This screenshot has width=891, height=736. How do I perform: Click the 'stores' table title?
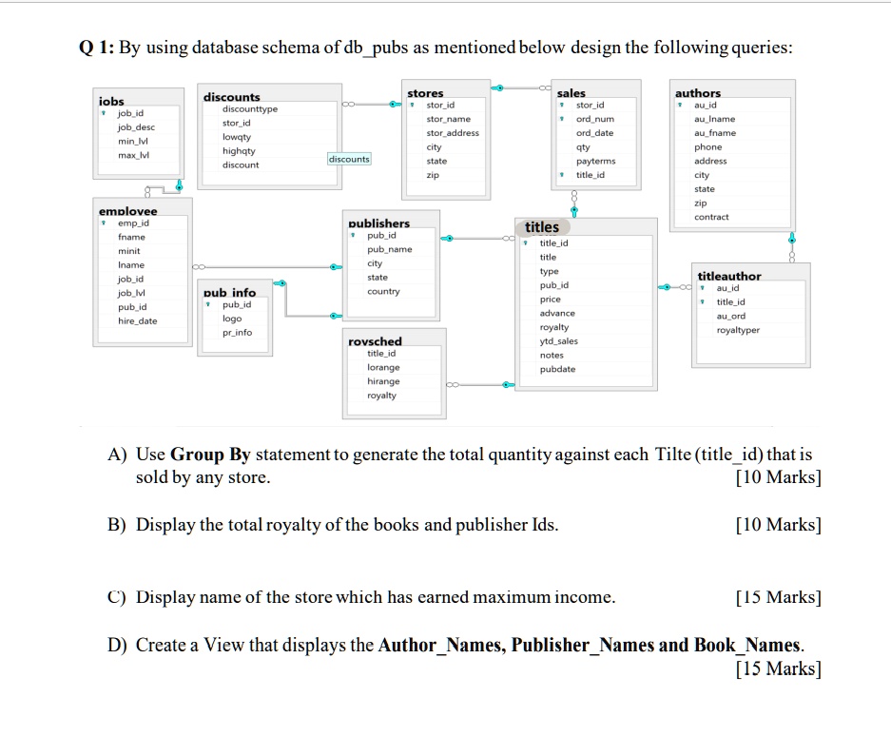coord(425,93)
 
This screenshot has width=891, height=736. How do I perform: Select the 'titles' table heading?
coord(542,227)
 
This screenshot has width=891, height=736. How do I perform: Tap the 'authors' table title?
coord(698,93)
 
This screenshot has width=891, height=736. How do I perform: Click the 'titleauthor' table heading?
coord(729,276)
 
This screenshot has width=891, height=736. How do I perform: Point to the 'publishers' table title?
coord(379,223)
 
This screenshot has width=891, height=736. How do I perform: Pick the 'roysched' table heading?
coord(376,341)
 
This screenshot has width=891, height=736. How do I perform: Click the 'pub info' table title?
coord(229,293)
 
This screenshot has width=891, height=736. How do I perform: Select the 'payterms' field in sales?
coord(596,162)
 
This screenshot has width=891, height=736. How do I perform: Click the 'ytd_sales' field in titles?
coord(558,341)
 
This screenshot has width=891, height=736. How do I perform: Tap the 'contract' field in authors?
coord(711,217)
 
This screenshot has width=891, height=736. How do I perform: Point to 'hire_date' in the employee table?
coord(138,321)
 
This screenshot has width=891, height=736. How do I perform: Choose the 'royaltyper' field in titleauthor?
coord(738,330)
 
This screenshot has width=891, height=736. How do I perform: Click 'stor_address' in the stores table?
coord(453,133)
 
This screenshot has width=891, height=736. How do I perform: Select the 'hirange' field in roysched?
coord(383,381)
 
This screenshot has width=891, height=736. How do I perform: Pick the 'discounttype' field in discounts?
coord(250,109)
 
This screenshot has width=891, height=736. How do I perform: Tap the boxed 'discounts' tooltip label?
coord(349,159)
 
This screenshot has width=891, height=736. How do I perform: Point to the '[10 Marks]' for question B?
coord(778,525)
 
